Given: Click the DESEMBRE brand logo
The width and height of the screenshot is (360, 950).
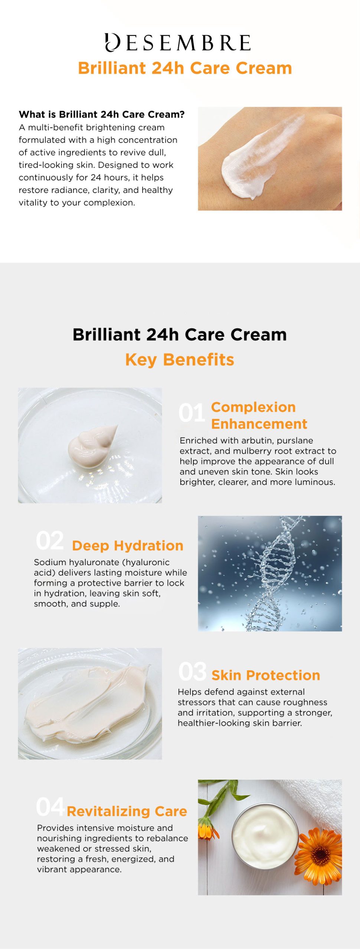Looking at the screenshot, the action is tap(178, 42).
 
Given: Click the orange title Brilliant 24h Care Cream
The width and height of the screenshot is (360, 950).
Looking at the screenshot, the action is tap(185, 68).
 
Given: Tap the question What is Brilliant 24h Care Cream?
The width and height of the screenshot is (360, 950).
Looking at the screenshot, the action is tap(102, 114).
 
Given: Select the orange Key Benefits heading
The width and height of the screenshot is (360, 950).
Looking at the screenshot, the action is tap(180, 360).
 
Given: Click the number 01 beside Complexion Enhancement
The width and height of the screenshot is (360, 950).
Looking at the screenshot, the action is tap(192, 413).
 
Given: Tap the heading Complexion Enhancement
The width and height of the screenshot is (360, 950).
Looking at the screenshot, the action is tap(259, 415).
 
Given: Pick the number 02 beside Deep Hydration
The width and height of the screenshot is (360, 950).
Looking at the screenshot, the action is tap(50, 541).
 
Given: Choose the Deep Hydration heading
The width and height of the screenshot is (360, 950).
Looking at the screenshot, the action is tap(128, 546).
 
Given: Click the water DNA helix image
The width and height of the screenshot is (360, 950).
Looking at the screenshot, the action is tap(270, 573).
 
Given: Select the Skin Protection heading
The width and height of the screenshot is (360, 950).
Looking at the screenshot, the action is tap(266, 675).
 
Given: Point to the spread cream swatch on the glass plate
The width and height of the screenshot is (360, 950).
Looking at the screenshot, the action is tap(87, 703).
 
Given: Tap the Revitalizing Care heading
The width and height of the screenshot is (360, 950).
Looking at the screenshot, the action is tap(127, 811).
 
